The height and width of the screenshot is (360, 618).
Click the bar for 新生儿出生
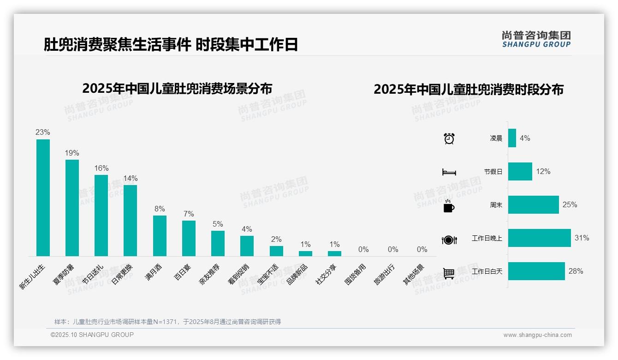coord(43,198)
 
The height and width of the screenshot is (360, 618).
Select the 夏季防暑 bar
coord(72,208)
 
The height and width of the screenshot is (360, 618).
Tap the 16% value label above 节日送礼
coord(101,168)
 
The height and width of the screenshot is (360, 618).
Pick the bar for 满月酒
coord(160,235)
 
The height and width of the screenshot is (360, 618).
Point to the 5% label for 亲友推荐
coord(218,224)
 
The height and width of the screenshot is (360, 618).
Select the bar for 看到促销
coord(247,246)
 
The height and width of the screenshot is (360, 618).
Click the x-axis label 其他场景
coord(414,275)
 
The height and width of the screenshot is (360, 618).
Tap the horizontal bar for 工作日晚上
coord(539,238)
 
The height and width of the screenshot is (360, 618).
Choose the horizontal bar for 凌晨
coord(512,138)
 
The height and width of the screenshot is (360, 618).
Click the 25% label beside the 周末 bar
coord(570,204)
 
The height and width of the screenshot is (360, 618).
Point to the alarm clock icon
coord(449,138)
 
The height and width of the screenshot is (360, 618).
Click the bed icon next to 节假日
coord(449,172)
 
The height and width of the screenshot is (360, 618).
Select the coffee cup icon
coord(449,205)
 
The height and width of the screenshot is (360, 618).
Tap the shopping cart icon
coord(449,273)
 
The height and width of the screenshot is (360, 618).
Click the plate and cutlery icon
coord(449,240)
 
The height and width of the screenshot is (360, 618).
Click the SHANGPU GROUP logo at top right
coord(536,39)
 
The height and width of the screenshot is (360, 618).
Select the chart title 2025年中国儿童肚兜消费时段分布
coord(468,89)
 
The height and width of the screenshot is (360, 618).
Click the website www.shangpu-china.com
coord(537,335)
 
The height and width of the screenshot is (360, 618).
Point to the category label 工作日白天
coord(487,271)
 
